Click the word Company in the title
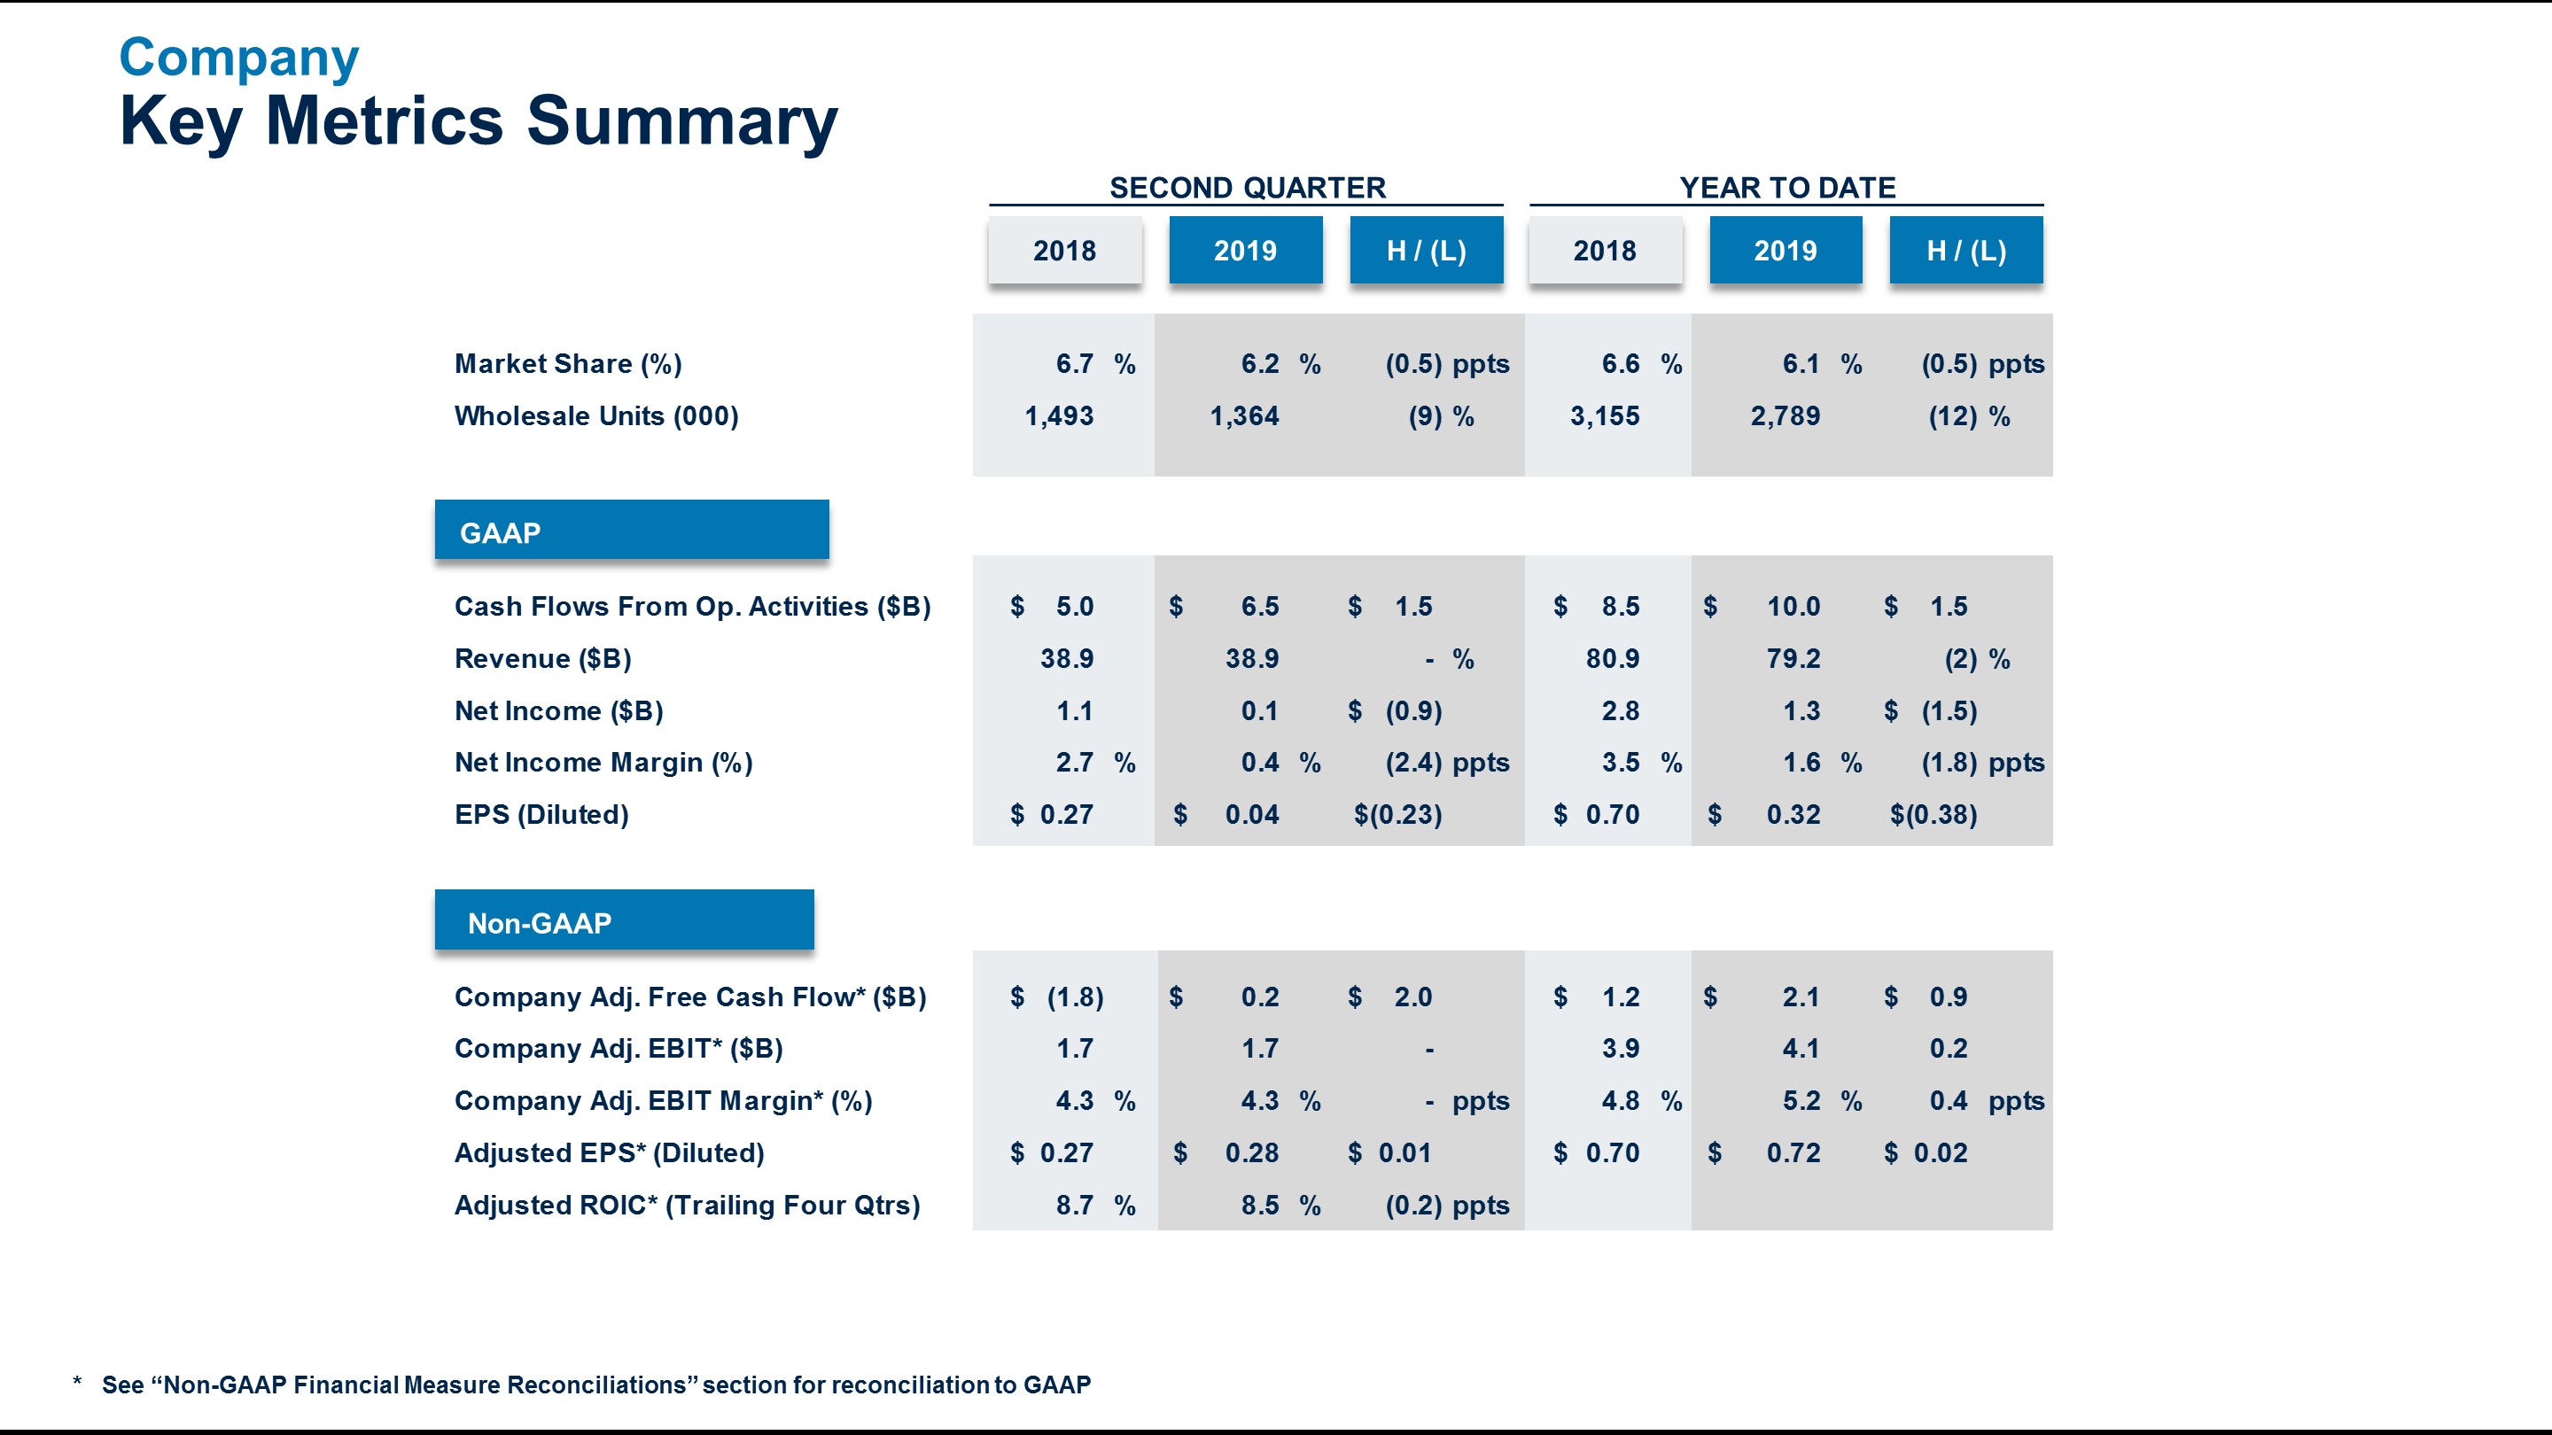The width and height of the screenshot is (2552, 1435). tap(238, 58)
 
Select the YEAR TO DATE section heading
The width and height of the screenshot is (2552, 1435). tap(1786, 187)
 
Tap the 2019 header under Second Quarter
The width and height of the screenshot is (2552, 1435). tap(1245, 251)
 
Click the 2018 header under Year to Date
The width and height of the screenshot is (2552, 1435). tap(1605, 251)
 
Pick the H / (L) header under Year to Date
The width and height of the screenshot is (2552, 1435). tap(1965, 251)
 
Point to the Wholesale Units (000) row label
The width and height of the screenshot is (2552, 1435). tap(596, 416)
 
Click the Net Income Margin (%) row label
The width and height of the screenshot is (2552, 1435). tap(603, 763)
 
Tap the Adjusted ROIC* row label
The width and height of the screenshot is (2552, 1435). tap(687, 1206)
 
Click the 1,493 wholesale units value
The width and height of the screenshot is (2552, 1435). tap(1058, 416)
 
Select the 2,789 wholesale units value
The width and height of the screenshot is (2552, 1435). tap(1785, 416)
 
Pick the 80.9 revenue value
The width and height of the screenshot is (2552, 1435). tap(1612, 658)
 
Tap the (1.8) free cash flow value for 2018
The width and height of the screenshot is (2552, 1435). tap(1075, 997)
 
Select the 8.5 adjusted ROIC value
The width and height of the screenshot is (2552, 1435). tap(1259, 1206)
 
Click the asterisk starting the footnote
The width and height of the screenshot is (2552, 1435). tap(77, 1383)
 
